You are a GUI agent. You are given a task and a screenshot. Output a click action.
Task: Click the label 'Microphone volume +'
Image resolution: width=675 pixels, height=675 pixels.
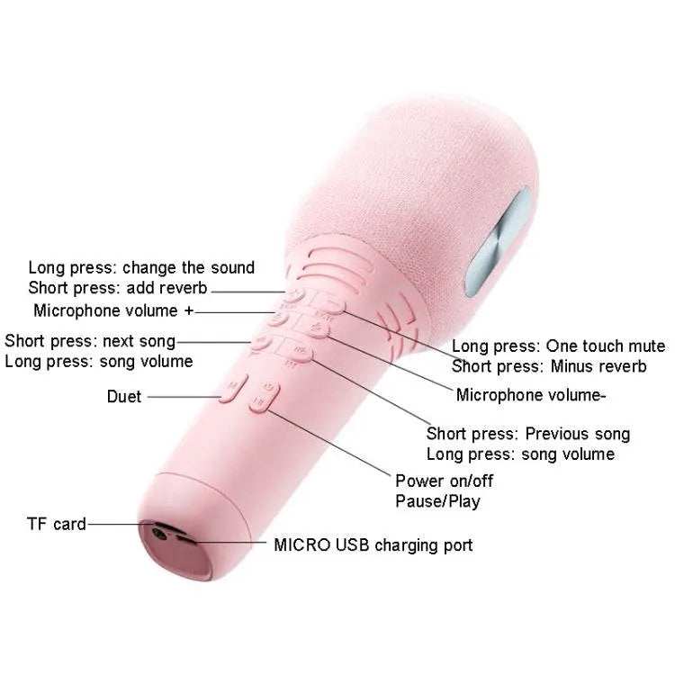point(113,310)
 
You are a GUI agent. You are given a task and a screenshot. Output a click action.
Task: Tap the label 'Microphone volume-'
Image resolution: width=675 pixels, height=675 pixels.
point(531,395)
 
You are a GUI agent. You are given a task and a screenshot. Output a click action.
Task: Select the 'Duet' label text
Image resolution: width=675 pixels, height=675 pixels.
point(124,397)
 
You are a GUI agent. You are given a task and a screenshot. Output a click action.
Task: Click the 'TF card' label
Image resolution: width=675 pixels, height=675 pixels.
point(57,524)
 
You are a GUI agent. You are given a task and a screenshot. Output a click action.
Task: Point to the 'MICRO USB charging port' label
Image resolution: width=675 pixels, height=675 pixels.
point(373,545)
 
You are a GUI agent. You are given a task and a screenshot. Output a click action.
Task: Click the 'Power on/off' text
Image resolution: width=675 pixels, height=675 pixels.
point(445,481)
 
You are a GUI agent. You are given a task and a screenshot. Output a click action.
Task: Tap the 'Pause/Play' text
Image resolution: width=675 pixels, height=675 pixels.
point(437,501)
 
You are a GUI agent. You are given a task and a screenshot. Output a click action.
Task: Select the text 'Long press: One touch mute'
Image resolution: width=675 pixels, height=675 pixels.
point(558,346)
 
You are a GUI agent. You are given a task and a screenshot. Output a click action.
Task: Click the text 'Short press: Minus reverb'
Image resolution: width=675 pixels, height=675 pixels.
point(549,366)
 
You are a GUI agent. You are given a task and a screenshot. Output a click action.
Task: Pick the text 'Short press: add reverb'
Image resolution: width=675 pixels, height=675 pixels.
point(118,288)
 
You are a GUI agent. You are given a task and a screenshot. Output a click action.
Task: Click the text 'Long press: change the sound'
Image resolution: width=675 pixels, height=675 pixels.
point(141,268)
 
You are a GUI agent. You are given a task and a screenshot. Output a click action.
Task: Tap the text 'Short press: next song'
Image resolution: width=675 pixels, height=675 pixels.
point(90,341)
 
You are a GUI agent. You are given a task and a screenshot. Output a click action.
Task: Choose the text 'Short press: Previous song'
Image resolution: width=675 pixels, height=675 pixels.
point(528,434)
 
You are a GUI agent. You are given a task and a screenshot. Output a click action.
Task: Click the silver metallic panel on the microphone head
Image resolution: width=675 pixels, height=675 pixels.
point(499,243)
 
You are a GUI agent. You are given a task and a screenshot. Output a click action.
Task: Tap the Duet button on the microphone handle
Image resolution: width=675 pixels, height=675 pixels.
point(233,387)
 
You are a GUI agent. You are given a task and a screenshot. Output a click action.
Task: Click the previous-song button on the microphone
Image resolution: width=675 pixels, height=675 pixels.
point(300,352)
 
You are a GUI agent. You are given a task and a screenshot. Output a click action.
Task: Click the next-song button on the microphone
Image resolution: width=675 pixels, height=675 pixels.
point(261,343)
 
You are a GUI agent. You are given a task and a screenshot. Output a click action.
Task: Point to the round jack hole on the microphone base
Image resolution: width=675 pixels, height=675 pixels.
point(159,534)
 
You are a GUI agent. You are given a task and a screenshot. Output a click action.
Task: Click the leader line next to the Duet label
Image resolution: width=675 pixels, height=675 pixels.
point(184,397)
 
